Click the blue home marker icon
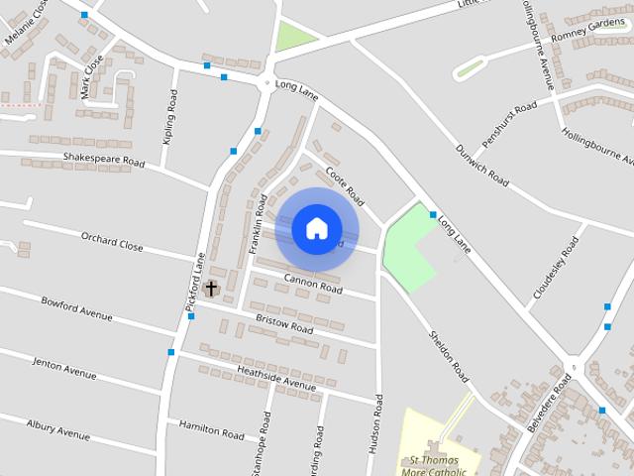tap(316, 228)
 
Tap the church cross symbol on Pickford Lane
tap(210, 289)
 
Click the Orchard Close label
tap(112, 241)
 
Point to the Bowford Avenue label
tap(76, 307)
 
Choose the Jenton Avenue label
tap(64, 368)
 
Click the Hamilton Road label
tap(211, 429)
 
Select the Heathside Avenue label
tap(275, 376)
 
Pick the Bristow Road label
tap(284, 322)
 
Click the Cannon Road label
tap(313, 286)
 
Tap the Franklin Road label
tap(259, 224)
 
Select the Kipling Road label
tap(170, 118)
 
